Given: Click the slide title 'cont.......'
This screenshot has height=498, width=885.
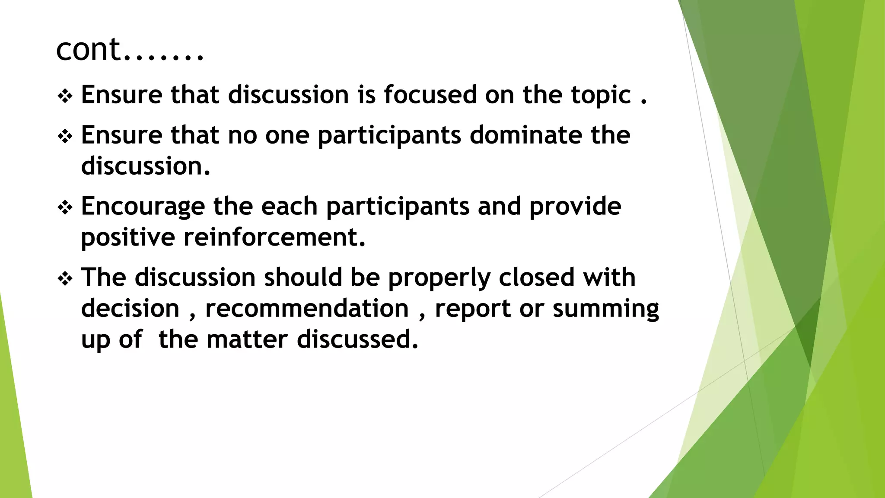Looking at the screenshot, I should point(129,49).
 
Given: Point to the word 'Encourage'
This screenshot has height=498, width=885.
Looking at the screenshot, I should point(143,207).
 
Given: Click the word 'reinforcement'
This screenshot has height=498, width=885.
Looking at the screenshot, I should point(274,237).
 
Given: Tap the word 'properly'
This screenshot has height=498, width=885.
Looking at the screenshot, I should point(439,278).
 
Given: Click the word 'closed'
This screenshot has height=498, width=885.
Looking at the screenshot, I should point(536,277).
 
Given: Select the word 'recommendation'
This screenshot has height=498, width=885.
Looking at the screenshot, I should point(307,309).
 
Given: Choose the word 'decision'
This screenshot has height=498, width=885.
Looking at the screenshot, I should point(130,309).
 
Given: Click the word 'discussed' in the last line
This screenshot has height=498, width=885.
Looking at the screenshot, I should point(357,339).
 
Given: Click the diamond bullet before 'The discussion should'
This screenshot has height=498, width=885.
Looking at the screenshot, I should point(65,279).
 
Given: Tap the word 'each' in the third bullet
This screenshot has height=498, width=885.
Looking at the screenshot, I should point(289,206).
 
